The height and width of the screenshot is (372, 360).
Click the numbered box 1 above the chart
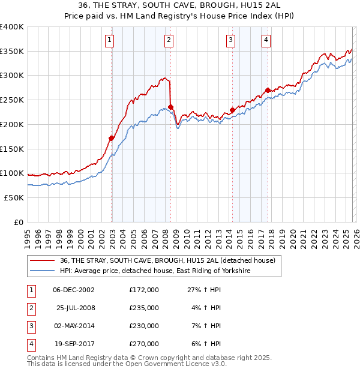pos(110,40)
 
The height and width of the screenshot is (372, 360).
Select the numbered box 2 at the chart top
pos(169,40)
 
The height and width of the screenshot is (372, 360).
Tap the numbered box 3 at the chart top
pos(230,40)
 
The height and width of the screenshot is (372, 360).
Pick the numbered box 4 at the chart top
pos(266,40)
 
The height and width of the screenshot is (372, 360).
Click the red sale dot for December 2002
pos(112,138)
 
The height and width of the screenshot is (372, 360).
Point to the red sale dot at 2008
pos(171,107)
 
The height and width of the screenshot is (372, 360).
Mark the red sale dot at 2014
pos(232,110)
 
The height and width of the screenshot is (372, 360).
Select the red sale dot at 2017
pos(268,90)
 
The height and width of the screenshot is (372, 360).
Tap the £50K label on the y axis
pos(14,197)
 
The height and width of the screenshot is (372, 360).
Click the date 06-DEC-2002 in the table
pos(74,290)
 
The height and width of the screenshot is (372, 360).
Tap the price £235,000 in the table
pos(144,308)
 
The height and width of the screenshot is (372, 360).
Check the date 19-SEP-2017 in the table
pos(74,344)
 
